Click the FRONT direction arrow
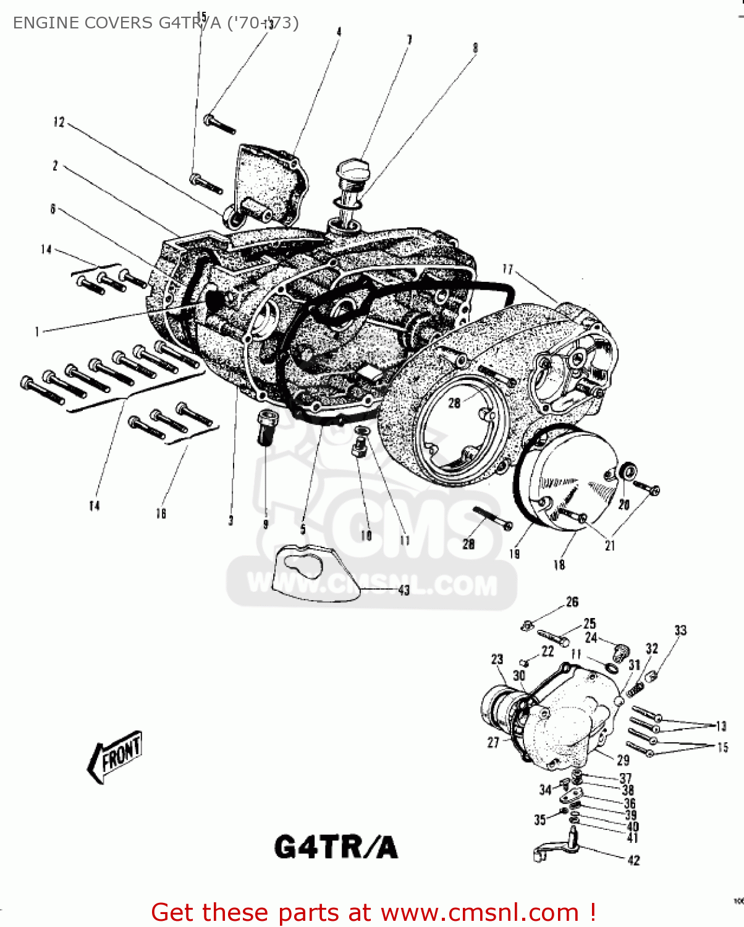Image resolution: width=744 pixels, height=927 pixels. click(116, 755)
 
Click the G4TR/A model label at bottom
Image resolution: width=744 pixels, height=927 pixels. click(336, 847)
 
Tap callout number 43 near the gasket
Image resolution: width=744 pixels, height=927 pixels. click(404, 590)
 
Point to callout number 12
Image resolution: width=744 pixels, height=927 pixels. click(59, 122)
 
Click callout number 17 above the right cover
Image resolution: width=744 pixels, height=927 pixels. click(507, 269)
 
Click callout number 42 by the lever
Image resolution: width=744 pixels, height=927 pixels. click(633, 860)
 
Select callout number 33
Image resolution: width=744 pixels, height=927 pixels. click(680, 630)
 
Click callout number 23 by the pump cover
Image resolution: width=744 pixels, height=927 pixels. click(497, 659)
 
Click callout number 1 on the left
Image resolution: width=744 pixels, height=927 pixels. click(37, 332)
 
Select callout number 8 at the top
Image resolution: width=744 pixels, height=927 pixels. click(475, 48)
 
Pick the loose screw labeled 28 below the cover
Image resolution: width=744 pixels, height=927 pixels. click(492, 517)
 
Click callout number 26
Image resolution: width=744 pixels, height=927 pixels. click(572, 601)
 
